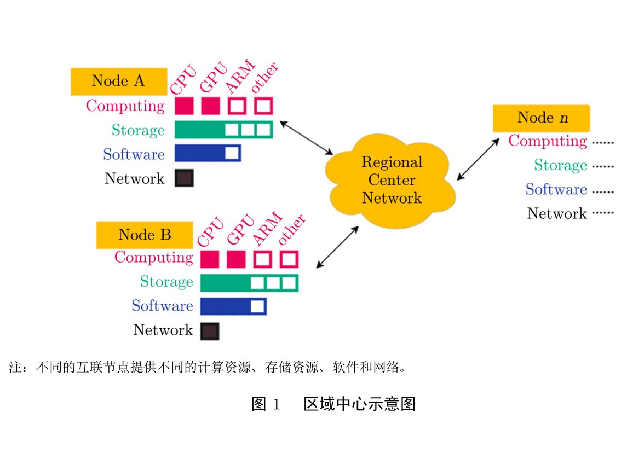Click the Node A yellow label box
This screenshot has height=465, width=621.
point(118,82)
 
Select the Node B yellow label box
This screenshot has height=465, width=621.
point(145,235)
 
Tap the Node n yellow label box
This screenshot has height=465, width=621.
point(541,118)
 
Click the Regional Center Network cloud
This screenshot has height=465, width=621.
point(391,181)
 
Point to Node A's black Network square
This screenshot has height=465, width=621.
point(184,178)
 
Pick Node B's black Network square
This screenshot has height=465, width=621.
point(210,331)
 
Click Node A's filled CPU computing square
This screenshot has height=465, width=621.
point(184,106)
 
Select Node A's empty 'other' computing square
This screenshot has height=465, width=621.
point(263,106)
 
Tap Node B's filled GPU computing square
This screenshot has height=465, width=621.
point(236,259)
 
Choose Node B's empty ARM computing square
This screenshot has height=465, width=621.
point(263,259)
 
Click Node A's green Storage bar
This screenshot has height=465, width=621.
point(223,130)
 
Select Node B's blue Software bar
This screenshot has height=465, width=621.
point(233,306)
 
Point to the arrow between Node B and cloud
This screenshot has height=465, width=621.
point(337,247)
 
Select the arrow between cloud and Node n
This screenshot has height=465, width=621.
point(478,159)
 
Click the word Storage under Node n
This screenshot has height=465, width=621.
point(560,165)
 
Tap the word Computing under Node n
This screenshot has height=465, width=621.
point(547,141)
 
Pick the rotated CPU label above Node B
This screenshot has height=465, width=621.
point(210,232)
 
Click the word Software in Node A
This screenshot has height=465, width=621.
point(134,154)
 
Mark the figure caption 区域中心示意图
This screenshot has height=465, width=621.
point(360,404)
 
